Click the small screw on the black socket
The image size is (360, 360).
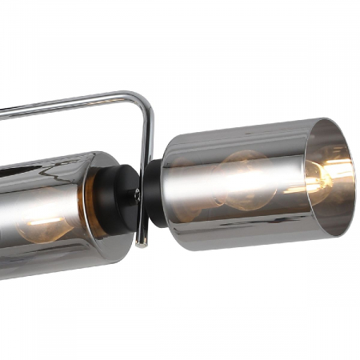point(137,193)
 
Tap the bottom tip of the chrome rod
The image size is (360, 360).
point(142,242)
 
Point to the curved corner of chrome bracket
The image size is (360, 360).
point(142,102)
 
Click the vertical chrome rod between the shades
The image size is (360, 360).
point(146,160)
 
